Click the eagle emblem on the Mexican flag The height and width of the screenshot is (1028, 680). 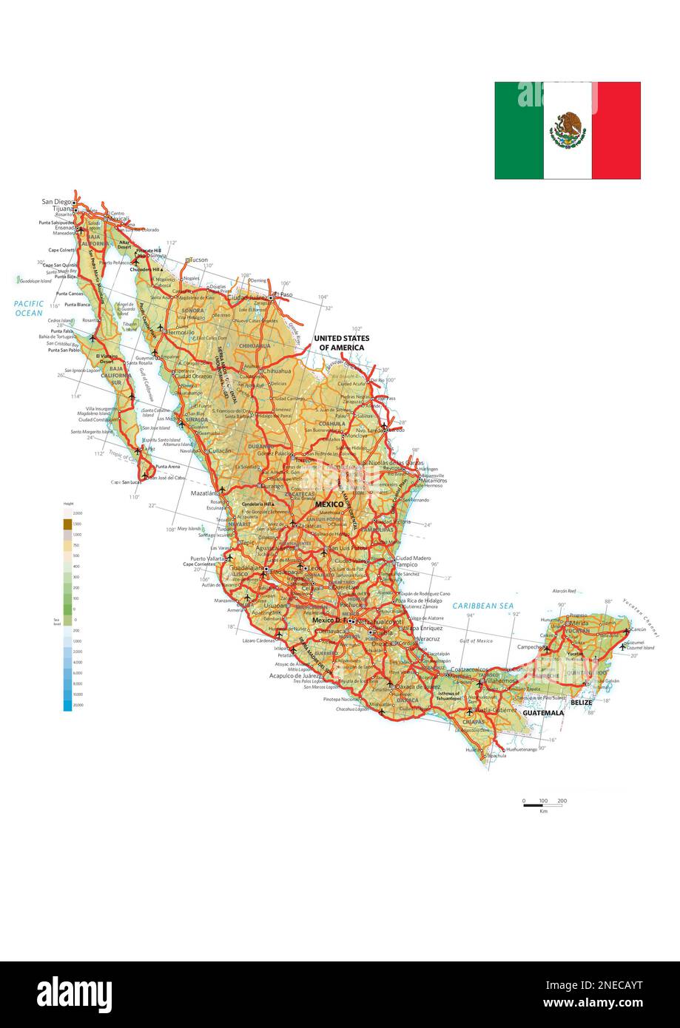click(x=568, y=130)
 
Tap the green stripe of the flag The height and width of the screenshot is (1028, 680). click(x=519, y=130)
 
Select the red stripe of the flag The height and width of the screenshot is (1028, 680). click(x=616, y=130)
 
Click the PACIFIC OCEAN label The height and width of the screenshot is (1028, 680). click(x=29, y=308)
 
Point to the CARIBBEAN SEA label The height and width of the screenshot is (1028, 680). click(x=483, y=606)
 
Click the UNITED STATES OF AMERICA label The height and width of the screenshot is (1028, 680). click(x=341, y=342)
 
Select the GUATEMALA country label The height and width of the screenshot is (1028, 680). click(x=543, y=713)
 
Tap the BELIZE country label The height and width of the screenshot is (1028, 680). click(x=581, y=703)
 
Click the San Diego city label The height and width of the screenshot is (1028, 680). click(x=57, y=201)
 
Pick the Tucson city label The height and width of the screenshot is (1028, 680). click(x=198, y=260)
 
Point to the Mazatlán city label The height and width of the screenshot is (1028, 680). click(x=205, y=493)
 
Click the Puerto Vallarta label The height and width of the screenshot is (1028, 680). click(x=208, y=558)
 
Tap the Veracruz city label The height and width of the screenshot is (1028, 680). click(x=428, y=638)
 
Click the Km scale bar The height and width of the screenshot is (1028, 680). click(x=542, y=805)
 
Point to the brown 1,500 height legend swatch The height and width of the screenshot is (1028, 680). click(x=68, y=524)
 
